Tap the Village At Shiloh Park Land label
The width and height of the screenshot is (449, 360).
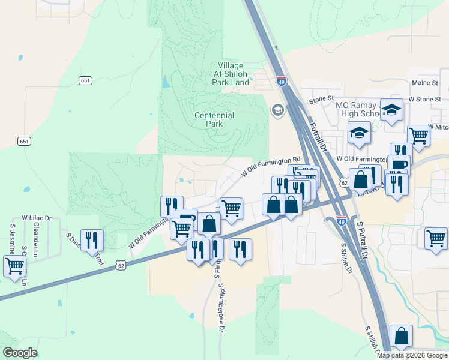click(x=231, y=74)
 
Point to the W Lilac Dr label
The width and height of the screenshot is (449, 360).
click(x=37, y=217)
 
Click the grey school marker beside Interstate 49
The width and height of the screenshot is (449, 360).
click(x=277, y=110)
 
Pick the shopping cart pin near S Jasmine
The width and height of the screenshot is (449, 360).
click(x=14, y=265)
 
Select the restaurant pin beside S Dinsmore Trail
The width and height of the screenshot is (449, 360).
click(x=92, y=239)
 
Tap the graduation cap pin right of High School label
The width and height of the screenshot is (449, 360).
click(x=392, y=110)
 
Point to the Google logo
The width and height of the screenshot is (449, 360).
click(x=20, y=353)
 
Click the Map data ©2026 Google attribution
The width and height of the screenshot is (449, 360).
click(x=412, y=355)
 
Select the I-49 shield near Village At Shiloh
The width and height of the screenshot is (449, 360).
click(x=281, y=81)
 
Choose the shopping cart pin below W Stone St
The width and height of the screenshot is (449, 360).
click(x=418, y=136)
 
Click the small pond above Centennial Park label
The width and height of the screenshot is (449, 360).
click(x=166, y=82)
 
